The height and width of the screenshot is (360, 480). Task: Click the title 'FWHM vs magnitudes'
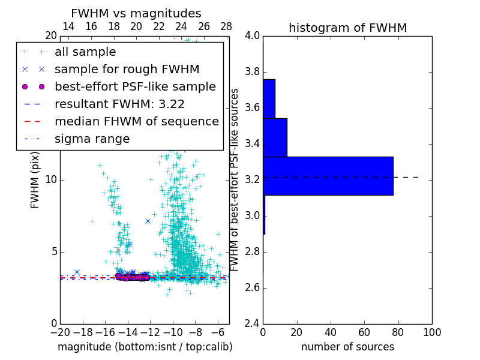(x=136, y=13)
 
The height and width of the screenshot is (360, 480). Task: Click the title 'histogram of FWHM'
(x=347, y=28)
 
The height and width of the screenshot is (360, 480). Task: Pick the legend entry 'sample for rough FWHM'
(x=127, y=70)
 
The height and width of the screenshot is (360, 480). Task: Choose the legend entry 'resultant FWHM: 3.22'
(x=119, y=104)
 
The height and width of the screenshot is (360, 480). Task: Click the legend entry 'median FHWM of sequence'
(x=136, y=121)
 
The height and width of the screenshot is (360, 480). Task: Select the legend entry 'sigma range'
(x=92, y=139)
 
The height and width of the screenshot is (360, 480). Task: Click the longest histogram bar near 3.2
(x=328, y=176)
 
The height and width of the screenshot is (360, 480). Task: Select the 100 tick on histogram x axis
(x=431, y=332)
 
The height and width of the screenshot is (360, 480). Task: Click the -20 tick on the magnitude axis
(x=60, y=332)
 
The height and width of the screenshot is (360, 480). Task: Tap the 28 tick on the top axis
(x=226, y=26)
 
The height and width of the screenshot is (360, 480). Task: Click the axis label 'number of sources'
(x=347, y=347)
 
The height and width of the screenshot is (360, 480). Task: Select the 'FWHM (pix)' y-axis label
(x=35, y=180)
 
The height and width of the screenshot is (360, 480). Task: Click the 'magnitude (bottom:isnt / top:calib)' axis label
(x=145, y=347)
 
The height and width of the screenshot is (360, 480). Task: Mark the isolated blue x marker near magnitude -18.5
(x=77, y=272)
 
